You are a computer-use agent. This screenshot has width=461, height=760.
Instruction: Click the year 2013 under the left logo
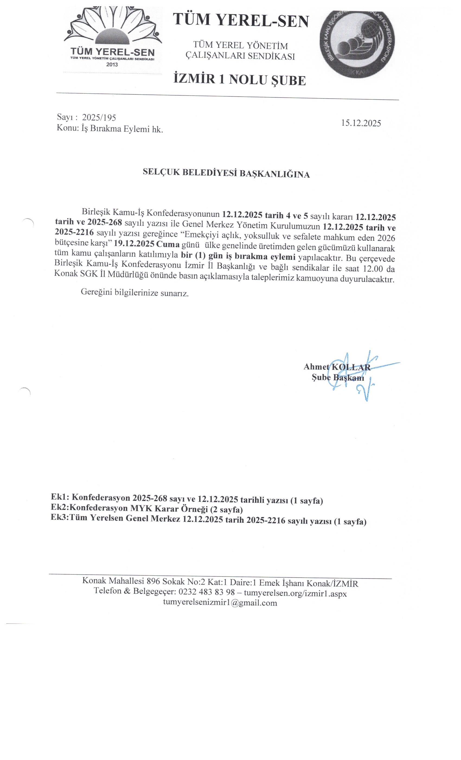[x=112, y=65]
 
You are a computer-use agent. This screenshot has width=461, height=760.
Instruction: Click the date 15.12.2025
[x=361, y=123]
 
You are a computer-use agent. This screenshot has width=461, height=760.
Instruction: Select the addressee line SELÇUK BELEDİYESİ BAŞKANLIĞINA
[x=226, y=174]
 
